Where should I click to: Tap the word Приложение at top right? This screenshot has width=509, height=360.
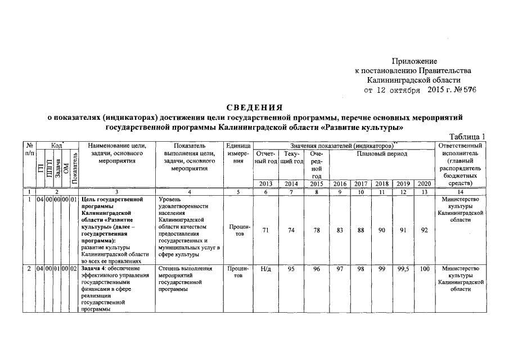(415, 61)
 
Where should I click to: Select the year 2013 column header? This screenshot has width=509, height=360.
(267, 183)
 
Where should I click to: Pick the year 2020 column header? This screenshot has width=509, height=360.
(425, 183)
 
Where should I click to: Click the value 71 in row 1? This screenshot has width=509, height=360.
(267, 229)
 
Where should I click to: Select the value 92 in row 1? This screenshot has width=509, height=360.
(425, 229)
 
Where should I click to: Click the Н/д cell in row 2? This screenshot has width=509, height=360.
(267, 269)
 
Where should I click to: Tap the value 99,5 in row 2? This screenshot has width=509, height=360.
(403, 269)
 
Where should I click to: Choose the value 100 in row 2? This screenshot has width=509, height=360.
(425, 269)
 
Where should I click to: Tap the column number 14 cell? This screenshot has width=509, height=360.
(460, 192)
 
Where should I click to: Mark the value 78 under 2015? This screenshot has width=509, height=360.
(316, 229)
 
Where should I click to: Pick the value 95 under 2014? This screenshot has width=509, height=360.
(291, 269)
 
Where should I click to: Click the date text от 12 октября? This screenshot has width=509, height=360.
(392, 90)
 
